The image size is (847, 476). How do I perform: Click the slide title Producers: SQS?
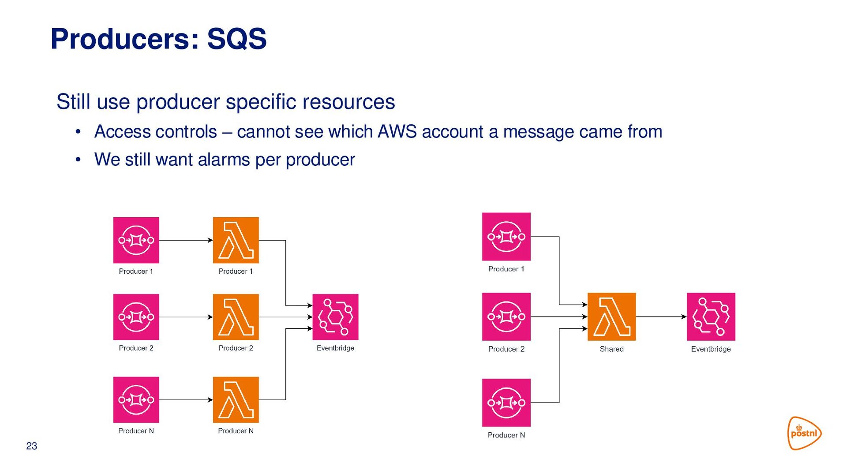pos(158,39)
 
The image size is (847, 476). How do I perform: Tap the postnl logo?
pos(804,433)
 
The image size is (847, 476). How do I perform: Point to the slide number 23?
pos(32,446)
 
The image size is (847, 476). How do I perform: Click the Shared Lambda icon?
pos(611,316)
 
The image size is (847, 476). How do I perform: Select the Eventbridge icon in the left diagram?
pos(335,317)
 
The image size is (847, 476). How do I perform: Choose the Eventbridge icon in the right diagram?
pos(711,316)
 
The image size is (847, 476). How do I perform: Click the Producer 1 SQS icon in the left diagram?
pos(136,240)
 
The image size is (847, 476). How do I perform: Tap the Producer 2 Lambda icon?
pos(236,317)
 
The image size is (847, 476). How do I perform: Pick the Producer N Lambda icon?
pos(236,400)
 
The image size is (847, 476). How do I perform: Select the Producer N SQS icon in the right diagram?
pos(506,402)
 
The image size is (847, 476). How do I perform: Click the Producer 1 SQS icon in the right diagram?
pos(506,237)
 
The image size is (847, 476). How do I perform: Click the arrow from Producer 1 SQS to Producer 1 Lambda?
pos(186,240)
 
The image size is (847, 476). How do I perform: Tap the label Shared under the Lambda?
pos(611,349)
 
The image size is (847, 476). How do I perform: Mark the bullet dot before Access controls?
pos(78,132)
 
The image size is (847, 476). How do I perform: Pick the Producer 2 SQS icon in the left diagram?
pos(136,317)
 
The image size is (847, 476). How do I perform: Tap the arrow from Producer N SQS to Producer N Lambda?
pos(186,400)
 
